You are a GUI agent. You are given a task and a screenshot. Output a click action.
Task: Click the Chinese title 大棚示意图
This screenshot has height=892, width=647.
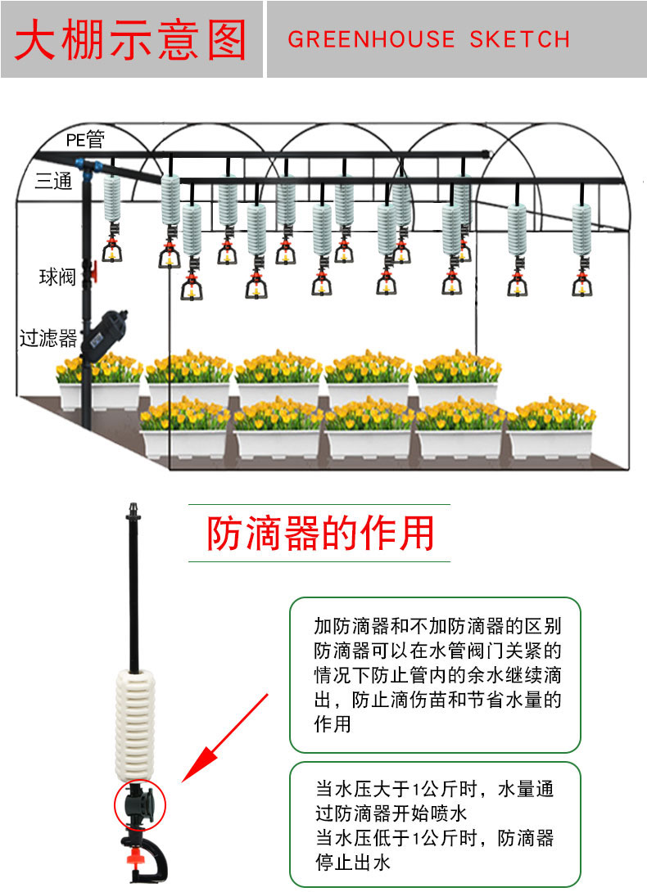[131, 39]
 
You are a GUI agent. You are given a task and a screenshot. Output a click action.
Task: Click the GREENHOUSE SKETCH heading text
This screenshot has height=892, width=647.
[428, 39]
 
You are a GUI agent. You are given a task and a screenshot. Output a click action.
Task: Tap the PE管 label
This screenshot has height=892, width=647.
[85, 139]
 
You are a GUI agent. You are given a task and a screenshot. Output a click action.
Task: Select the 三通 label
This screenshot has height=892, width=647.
[53, 181]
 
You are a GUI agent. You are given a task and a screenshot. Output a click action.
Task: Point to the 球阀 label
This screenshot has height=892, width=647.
[57, 277]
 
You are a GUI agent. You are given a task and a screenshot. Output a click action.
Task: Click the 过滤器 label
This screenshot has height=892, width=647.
[48, 338]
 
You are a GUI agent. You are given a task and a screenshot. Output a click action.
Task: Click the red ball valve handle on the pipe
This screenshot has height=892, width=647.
[93, 272]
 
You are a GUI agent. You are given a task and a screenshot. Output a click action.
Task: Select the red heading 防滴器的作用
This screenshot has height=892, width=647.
[320, 533]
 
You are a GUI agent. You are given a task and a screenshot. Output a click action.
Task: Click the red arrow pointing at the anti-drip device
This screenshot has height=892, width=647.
[225, 738]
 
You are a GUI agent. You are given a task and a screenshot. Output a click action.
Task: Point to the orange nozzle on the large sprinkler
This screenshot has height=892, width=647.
[135, 857]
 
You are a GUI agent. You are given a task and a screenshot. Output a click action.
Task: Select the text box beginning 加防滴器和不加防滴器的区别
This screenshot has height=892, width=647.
[435, 674]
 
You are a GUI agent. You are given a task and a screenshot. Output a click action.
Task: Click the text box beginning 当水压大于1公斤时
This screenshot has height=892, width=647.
[435, 825]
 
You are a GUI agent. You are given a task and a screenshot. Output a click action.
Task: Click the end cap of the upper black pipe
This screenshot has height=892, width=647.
[486, 154]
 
